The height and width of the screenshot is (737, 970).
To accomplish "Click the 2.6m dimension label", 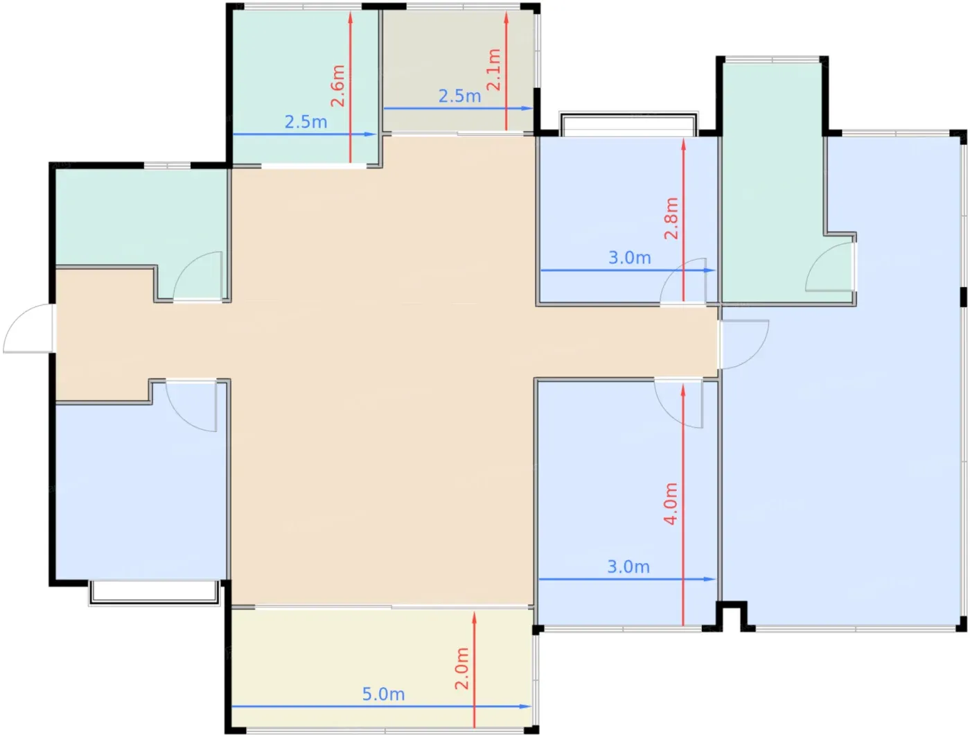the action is click(x=337, y=86).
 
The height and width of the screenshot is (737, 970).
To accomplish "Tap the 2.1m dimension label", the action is click(x=493, y=70).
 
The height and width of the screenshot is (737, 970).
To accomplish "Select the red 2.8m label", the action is click(x=671, y=218).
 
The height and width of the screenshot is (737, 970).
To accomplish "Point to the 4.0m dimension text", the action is click(x=671, y=504).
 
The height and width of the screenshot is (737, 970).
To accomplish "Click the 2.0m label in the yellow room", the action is click(x=462, y=668).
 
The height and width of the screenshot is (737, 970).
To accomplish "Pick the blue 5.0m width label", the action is click(x=384, y=694).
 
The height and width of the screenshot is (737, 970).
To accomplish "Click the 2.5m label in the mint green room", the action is click(x=306, y=122).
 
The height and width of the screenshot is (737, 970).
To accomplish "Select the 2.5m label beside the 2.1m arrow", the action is click(x=459, y=96).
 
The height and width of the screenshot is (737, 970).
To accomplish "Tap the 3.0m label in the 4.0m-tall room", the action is click(x=628, y=566).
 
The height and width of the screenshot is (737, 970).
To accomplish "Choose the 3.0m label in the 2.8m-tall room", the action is click(x=630, y=258).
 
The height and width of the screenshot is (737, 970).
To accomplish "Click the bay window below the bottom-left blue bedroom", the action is click(x=155, y=593).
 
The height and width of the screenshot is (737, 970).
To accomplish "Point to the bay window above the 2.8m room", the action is click(x=628, y=124).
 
